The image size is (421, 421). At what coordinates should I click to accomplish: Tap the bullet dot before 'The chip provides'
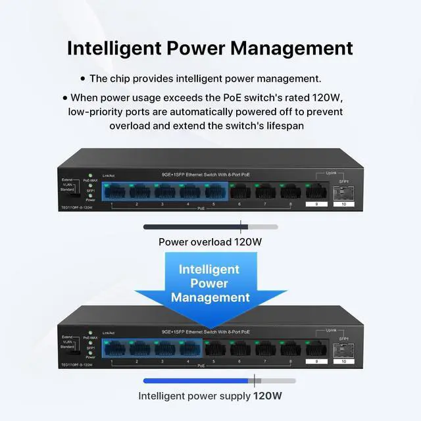82,79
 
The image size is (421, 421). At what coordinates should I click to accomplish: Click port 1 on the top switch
115,192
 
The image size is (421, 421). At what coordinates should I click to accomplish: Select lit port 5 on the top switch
215,192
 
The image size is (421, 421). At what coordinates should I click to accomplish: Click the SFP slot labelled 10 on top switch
343,193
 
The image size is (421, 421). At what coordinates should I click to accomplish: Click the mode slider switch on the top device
78,193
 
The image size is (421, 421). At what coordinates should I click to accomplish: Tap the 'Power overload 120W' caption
210,241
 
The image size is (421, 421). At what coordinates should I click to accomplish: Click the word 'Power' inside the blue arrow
210,284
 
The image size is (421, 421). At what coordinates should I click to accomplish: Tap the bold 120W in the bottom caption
268,396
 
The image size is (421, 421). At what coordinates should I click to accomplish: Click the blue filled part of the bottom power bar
197,380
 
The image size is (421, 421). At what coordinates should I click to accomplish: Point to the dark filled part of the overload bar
194,227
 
